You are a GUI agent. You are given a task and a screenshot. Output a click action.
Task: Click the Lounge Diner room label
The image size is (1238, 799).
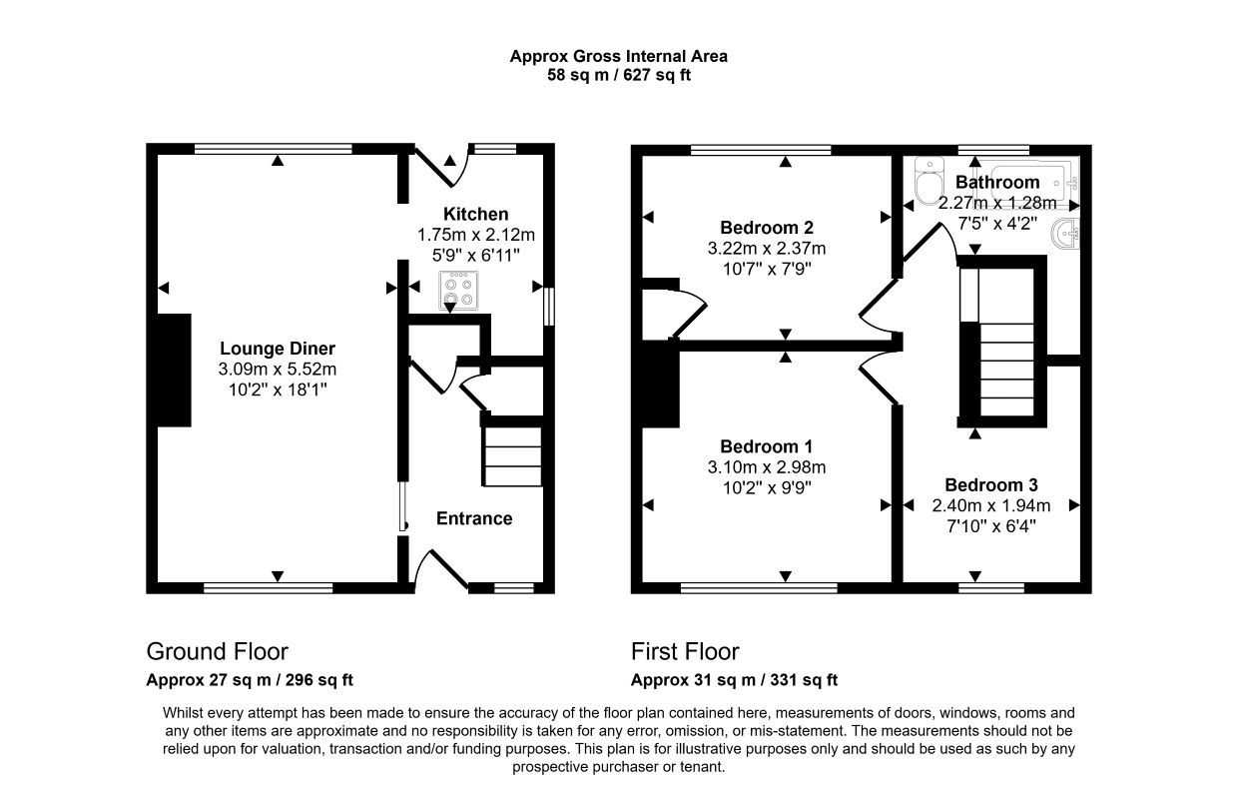point(278,349)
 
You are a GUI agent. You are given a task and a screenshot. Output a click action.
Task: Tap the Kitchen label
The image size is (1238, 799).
point(475,214)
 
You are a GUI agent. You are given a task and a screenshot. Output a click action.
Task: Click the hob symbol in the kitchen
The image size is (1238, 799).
point(458,291)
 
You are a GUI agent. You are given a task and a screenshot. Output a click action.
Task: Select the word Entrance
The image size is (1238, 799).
point(474,518)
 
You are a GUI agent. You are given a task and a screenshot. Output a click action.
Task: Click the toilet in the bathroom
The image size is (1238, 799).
point(929,180)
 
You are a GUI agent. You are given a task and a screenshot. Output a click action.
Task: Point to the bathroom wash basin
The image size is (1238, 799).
point(1065,235)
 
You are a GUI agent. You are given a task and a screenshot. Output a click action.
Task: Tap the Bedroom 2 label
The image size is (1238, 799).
point(767,228)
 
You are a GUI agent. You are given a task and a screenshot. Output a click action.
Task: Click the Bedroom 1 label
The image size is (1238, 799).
point(766,446)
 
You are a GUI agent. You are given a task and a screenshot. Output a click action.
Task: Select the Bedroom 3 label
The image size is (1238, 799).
point(991,485)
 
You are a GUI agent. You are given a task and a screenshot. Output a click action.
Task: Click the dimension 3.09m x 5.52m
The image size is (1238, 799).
point(278,369)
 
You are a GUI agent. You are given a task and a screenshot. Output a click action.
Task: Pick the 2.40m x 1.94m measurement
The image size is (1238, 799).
point(991,505)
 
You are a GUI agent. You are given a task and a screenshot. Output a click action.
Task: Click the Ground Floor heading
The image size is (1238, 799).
point(218,652)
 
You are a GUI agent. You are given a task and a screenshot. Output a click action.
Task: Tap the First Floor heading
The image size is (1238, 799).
point(685,652)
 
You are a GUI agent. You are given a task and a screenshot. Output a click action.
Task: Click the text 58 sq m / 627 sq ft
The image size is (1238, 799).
point(618,75)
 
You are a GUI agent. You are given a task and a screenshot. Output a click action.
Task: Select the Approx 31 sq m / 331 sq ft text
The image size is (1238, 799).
point(734,680)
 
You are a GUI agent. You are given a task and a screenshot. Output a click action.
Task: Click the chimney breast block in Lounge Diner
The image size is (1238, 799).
point(174,370)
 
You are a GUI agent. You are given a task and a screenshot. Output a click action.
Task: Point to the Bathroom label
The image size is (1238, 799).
point(997,182)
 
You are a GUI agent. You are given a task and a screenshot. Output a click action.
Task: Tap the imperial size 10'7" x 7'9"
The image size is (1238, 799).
point(767,270)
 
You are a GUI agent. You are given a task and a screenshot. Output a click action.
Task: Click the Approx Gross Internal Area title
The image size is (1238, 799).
point(618,56)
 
